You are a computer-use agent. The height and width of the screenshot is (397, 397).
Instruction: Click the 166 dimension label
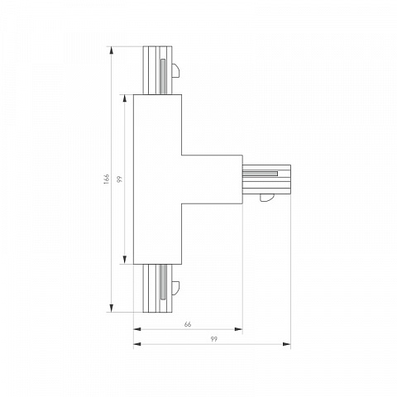pos(107,179)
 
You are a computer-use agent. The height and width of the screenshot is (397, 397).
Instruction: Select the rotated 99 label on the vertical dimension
pos(119,179)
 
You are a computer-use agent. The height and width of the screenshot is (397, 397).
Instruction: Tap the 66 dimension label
pos(188,324)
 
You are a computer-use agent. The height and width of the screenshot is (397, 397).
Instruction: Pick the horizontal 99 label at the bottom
pos(213,339)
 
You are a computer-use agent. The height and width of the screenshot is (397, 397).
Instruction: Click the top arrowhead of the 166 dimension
pos(112,50)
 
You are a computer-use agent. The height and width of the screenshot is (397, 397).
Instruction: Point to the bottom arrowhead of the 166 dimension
pos(112,309)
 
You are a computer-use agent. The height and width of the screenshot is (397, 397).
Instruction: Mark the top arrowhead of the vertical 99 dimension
pos(125,98)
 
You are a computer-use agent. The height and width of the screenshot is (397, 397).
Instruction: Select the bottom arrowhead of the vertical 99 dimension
pos(125,260)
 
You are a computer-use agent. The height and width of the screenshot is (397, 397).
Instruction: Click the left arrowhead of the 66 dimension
pos(137,329)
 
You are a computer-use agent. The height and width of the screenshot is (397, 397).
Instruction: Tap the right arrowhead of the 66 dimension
pos(238,329)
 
